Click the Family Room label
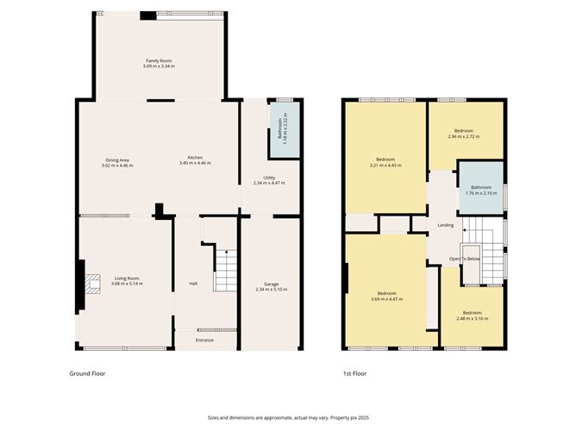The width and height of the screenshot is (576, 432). pyautogui.click(x=160, y=61)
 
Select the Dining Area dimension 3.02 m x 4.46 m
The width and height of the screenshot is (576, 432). pyautogui.click(x=118, y=164)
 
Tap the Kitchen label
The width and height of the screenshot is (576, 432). pyautogui.click(x=196, y=158)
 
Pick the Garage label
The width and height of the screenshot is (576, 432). pyautogui.click(x=272, y=284)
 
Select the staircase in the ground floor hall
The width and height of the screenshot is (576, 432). pyautogui.click(x=223, y=270)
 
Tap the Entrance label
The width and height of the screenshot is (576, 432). pyautogui.click(x=204, y=340)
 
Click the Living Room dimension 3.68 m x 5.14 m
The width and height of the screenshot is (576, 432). pyautogui.click(x=128, y=283)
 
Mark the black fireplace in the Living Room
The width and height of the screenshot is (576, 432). pyautogui.click(x=82, y=285)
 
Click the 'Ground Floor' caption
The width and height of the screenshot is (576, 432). pyautogui.click(x=87, y=374)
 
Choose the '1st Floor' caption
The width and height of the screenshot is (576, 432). pyautogui.click(x=354, y=374)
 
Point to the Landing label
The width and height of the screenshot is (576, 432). pyautogui.click(x=446, y=225)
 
